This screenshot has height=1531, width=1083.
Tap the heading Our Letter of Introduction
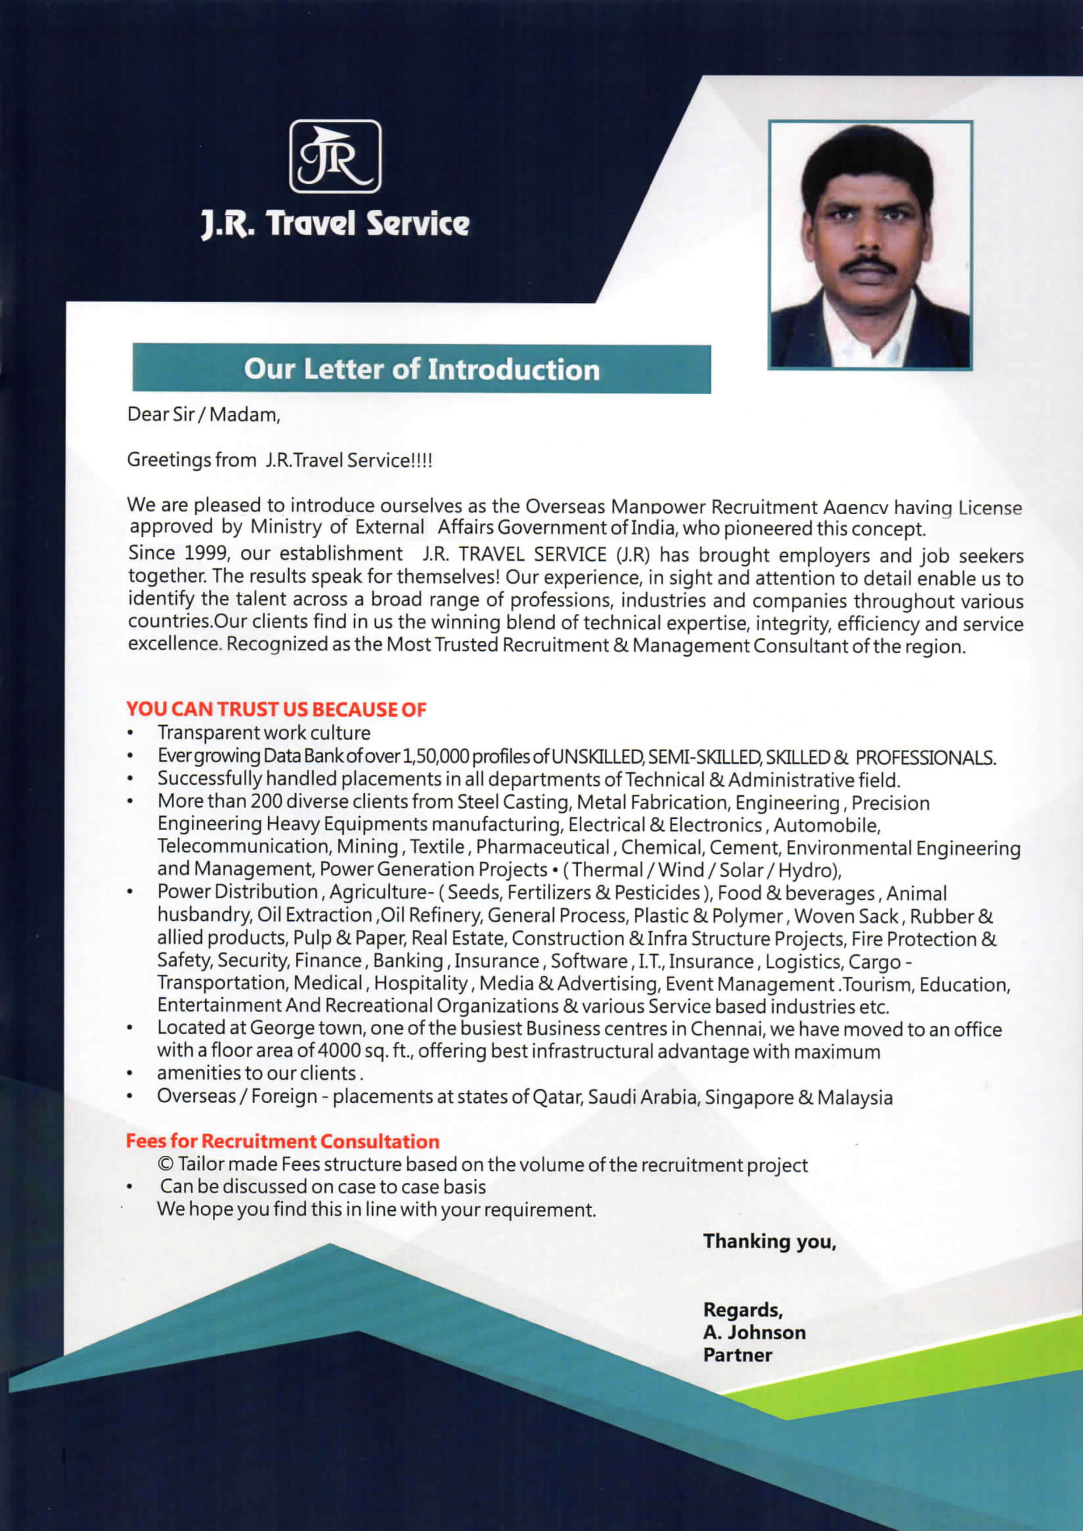click(421, 370)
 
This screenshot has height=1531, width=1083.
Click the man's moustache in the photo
click(868, 266)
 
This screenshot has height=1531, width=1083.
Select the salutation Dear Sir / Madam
click(203, 415)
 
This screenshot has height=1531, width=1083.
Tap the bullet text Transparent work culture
click(263, 733)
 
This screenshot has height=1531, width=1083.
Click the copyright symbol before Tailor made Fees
click(166, 1164)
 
